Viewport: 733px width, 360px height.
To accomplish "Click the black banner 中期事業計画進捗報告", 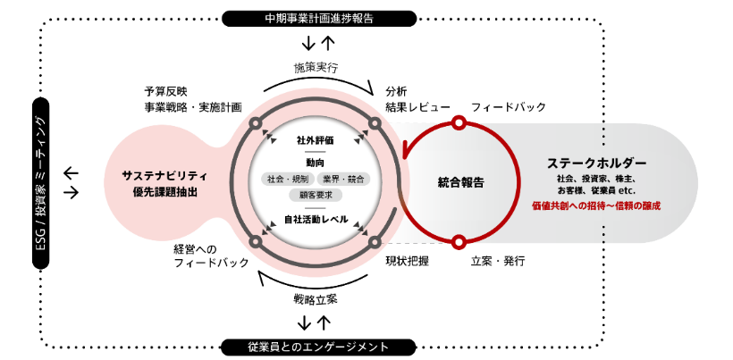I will click(x=319, y=18).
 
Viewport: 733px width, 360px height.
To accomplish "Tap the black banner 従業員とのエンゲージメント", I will click(x=319, y=346).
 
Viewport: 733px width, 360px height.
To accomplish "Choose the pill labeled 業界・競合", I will click(x=344, y=180).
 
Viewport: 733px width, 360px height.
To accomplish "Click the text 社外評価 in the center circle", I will click(x=316, y=140).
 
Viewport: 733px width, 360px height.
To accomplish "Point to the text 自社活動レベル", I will click(x=316, y=219).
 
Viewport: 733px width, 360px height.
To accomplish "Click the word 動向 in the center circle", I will click(x=316, y=163).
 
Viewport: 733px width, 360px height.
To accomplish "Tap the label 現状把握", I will click(x=408, y=262).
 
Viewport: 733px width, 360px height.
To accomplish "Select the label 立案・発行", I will click(x=497, y=262).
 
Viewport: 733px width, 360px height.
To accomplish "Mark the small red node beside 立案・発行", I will click(x=459, y=241).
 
